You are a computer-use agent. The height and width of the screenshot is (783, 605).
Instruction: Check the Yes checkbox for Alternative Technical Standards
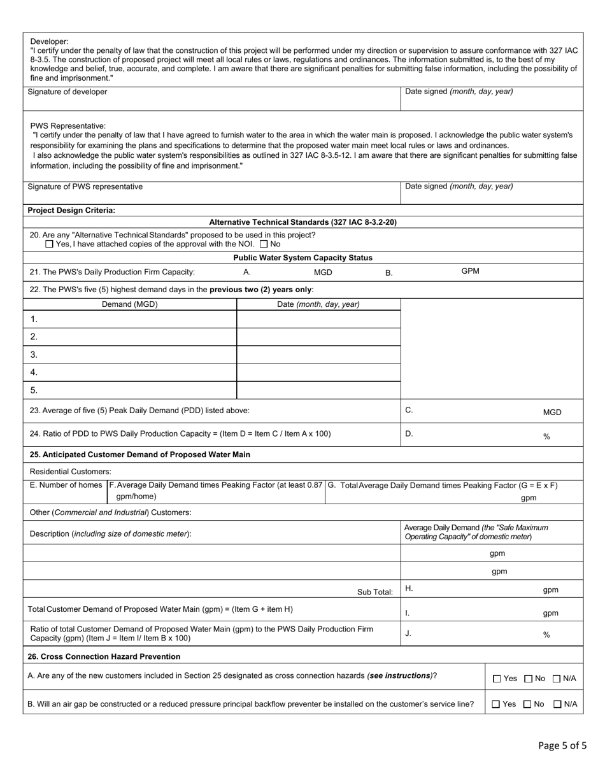coord(50,244)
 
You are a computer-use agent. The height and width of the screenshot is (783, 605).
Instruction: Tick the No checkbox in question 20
coord(264,244)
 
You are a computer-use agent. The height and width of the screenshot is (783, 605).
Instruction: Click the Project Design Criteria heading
coord(71,210)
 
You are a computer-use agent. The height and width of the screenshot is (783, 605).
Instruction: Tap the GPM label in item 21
coord(470,271)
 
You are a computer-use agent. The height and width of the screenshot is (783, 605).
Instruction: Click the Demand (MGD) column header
coord(130,304)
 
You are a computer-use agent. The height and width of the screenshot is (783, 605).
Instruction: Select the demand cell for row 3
coord(130,355)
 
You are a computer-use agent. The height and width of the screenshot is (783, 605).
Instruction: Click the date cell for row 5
coord(318,390)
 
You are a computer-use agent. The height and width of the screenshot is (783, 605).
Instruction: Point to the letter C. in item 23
coord(409,411)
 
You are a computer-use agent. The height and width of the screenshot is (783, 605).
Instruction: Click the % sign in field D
coord(546,437)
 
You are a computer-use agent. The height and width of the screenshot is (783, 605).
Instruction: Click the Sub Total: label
coord(375,592)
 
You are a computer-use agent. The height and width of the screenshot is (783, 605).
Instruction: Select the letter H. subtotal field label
coord(409,589)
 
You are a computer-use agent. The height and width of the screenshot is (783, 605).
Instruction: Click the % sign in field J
coord(546,635)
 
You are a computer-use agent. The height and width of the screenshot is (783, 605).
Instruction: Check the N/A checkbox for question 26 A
coord(557,679)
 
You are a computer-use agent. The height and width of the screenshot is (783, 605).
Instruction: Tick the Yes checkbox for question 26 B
coord(497,704)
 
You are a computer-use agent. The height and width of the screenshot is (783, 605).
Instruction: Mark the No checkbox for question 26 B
coord(527,704)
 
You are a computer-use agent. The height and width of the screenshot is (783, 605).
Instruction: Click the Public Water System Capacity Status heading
coord(302,258)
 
